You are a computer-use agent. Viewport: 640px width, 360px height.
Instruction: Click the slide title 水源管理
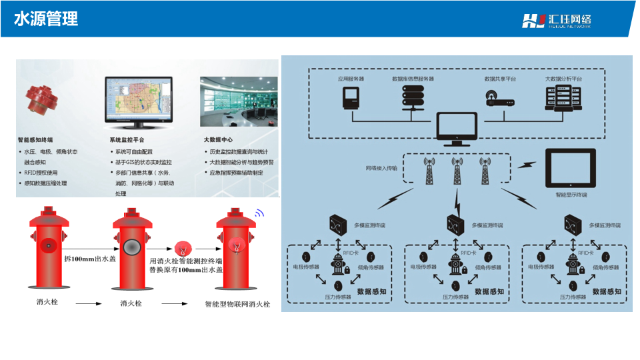point(46,19)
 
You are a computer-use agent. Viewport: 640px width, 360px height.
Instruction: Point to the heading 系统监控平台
point(127,140)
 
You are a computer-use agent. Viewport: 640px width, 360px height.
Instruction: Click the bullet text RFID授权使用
point(41,173)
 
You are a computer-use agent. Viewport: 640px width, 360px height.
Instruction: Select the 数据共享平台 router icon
point(501,101)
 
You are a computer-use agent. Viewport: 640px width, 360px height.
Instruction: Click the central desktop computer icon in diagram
point(457,129)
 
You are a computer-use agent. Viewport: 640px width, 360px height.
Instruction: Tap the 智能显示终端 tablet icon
point(571,170)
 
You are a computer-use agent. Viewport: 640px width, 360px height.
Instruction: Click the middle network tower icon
point(457,171)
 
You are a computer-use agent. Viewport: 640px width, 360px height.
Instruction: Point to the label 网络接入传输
point(381,169)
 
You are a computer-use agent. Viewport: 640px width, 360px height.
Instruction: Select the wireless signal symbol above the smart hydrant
point(259,213)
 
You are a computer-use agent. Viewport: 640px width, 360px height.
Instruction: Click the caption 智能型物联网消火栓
point(237,304)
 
